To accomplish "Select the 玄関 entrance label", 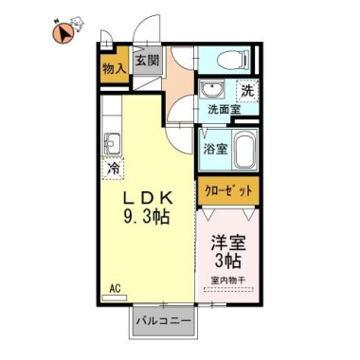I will (x=146, y=61).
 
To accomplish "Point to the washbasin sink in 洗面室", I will (x=209, y=92).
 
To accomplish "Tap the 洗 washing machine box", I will (x=246, y=91).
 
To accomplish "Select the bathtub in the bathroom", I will (x=245, y=149).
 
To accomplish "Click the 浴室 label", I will (x=215, y=150).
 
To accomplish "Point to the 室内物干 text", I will (x=230, y=279).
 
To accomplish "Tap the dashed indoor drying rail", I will (x=230, y=289).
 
